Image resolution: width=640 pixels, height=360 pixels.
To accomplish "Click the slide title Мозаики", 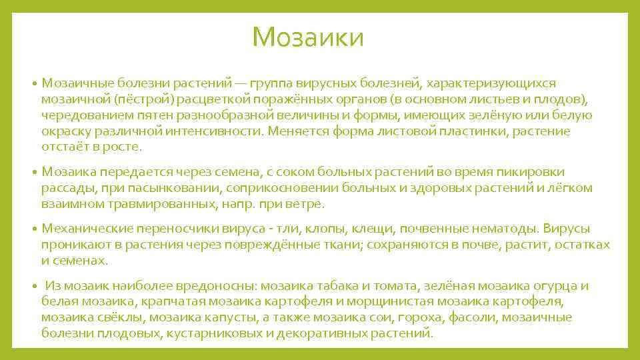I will pyautogui.click(x=309, y=37).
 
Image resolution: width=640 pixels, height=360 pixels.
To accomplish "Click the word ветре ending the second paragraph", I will pyautogui.click(x=307, y=205).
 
